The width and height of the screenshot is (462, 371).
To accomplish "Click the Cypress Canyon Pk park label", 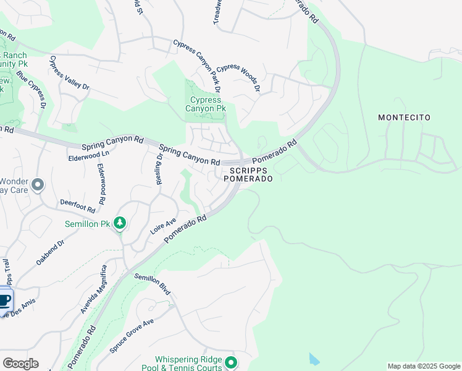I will click(206, 104).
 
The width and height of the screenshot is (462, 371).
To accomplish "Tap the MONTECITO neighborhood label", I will click(404, 117).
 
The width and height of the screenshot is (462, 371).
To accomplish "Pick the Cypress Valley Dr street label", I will click(69, 74).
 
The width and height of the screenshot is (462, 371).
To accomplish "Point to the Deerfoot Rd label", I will click(77, 205).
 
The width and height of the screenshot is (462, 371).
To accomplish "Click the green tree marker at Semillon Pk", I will click(120, 223).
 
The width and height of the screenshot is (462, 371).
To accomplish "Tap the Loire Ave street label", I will click(163, 226).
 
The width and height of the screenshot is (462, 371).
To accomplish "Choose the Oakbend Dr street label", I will click(50, 252).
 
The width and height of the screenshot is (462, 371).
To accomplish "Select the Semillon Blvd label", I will click(152, 284).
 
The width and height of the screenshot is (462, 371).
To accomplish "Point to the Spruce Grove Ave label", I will click(132, 336).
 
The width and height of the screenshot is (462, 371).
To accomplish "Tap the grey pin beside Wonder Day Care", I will click(38, 184).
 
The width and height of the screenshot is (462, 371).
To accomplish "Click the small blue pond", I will click(314, 359).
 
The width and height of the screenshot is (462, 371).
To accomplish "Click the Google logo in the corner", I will click(20, 363).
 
